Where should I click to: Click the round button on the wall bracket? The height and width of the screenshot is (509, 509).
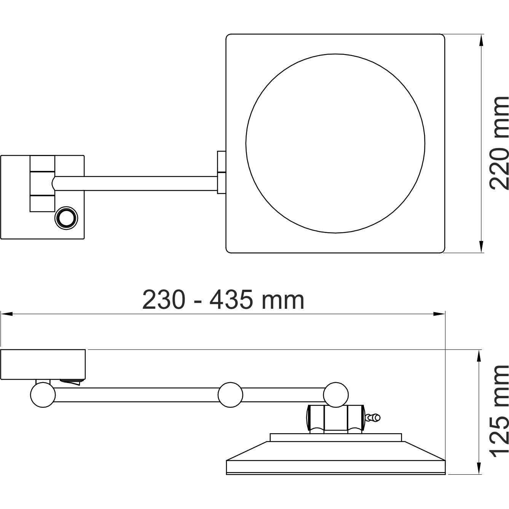pyautogui.click(x=67, y=218)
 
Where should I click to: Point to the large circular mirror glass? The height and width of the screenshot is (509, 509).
pyautogui.click(x=335, y=143)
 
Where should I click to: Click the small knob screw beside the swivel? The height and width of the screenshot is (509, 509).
pyautogui.click(x=373, y=418)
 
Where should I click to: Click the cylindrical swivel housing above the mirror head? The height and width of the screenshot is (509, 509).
pyautogui.click(x=335, y=418)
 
